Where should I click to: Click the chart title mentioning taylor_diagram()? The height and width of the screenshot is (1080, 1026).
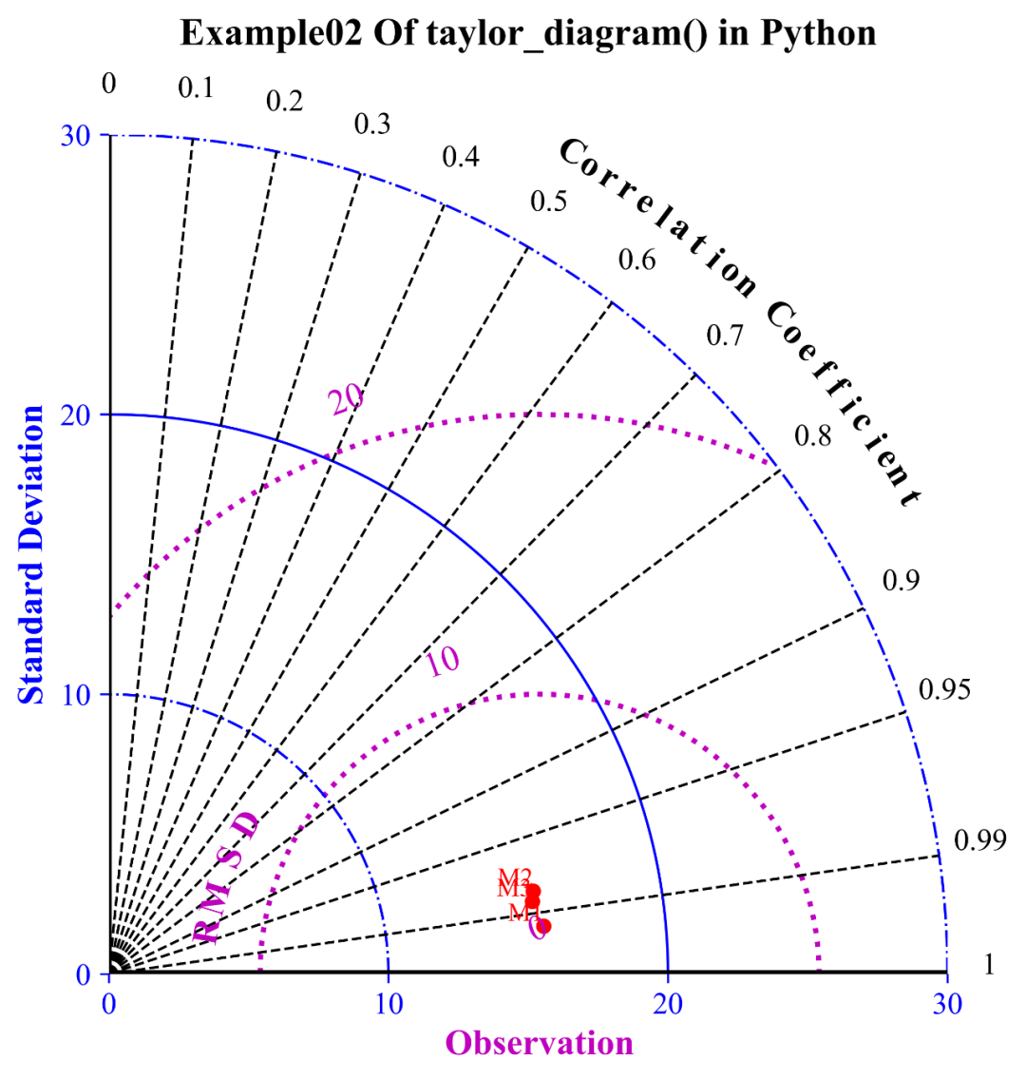[x=527, y=34]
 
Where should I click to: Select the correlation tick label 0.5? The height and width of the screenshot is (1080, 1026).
[x=548, y=202]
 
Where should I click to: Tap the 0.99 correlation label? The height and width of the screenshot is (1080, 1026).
[x=978, y=839]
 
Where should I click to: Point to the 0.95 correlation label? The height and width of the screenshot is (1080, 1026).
[x=944, y=689]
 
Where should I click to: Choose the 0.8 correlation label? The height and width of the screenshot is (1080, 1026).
[x=813, y=436]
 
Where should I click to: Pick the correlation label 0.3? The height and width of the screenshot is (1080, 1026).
[x=372, y=124]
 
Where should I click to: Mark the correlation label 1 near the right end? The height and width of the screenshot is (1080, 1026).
[x=988, y=965]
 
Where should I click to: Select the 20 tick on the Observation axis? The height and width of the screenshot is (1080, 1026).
[x=668, y=1002]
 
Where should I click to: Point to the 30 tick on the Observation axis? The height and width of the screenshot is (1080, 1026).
[x=946, y=1002]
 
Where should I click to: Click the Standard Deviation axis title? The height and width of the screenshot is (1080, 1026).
[x=32, y=555]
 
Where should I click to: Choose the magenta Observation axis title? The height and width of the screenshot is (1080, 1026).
[x=540, y=1044]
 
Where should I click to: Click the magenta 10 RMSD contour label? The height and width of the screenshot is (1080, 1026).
[x=443, y=661]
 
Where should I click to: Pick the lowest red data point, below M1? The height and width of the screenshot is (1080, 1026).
[x=543, y=925]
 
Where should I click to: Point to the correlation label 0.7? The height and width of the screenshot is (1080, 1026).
[x=725, y=335]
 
